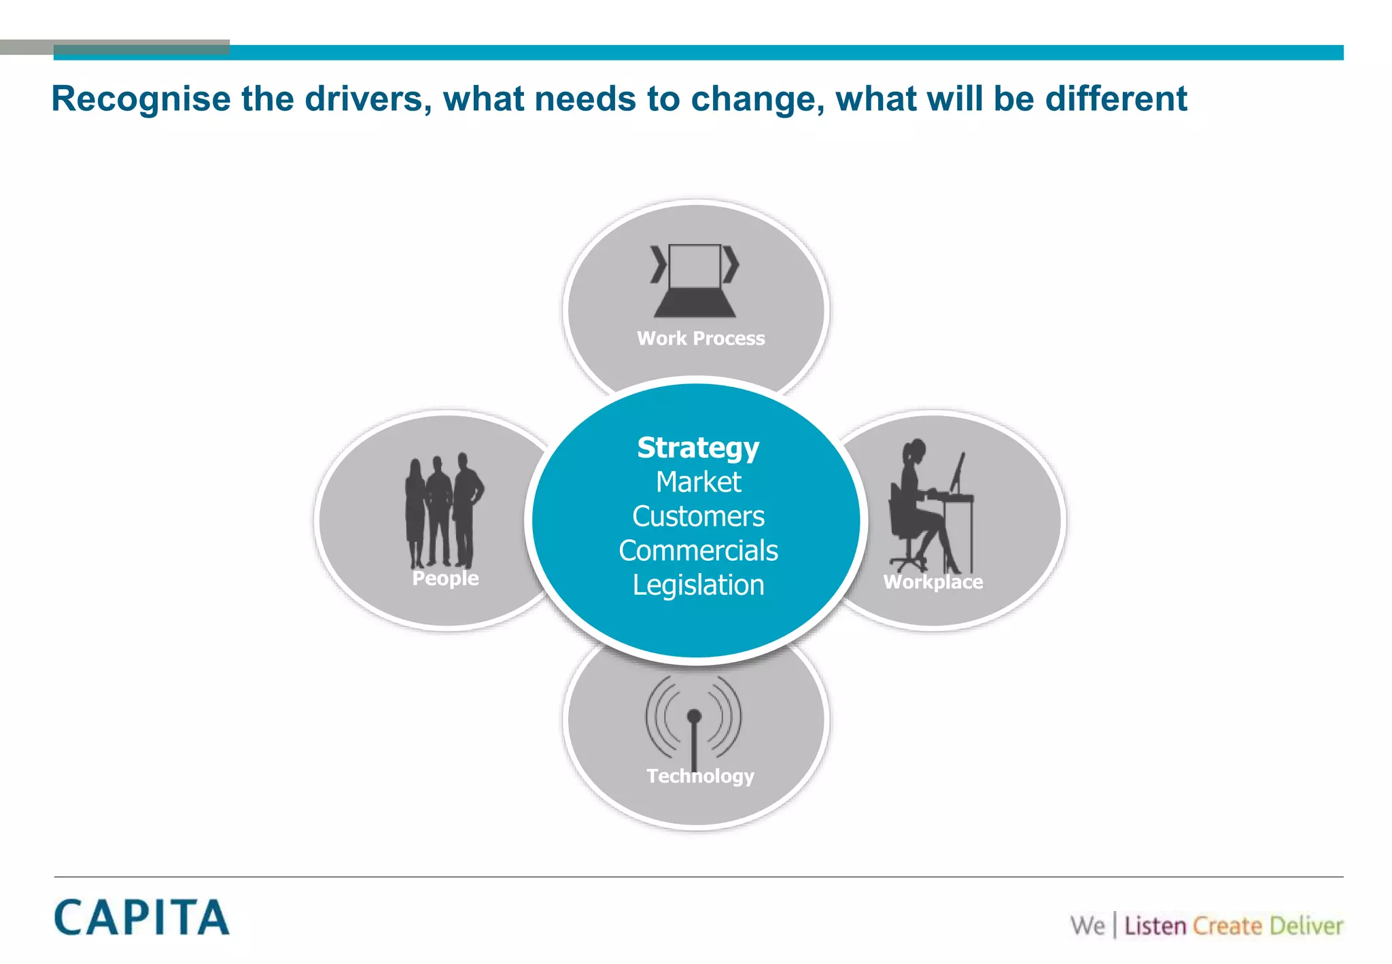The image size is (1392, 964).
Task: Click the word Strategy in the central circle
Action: tap(698, 448)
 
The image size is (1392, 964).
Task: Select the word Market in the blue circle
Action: tap(698, 482)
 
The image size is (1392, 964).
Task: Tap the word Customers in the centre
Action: tap(698, 517)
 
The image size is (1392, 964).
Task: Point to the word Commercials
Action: tap(698, 551)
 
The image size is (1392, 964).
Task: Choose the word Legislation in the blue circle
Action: tap(698, 585)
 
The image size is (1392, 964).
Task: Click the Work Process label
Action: tap(701, 338)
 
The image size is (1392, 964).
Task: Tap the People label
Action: tap(445, 579)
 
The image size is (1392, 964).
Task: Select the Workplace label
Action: tap(933, 582)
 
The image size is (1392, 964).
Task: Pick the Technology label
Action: tap(700, 776)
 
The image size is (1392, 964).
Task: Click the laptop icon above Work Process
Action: tap(695, 280)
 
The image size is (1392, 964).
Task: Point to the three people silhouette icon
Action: tap(444, 510)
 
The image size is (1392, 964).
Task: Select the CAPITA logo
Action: tap(141, 918)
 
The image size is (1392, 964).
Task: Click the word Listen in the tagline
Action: tap(1155, 926)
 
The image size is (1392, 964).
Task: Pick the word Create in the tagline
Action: tap(1227, 926)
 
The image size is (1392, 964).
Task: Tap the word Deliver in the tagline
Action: tap(1306, 926)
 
